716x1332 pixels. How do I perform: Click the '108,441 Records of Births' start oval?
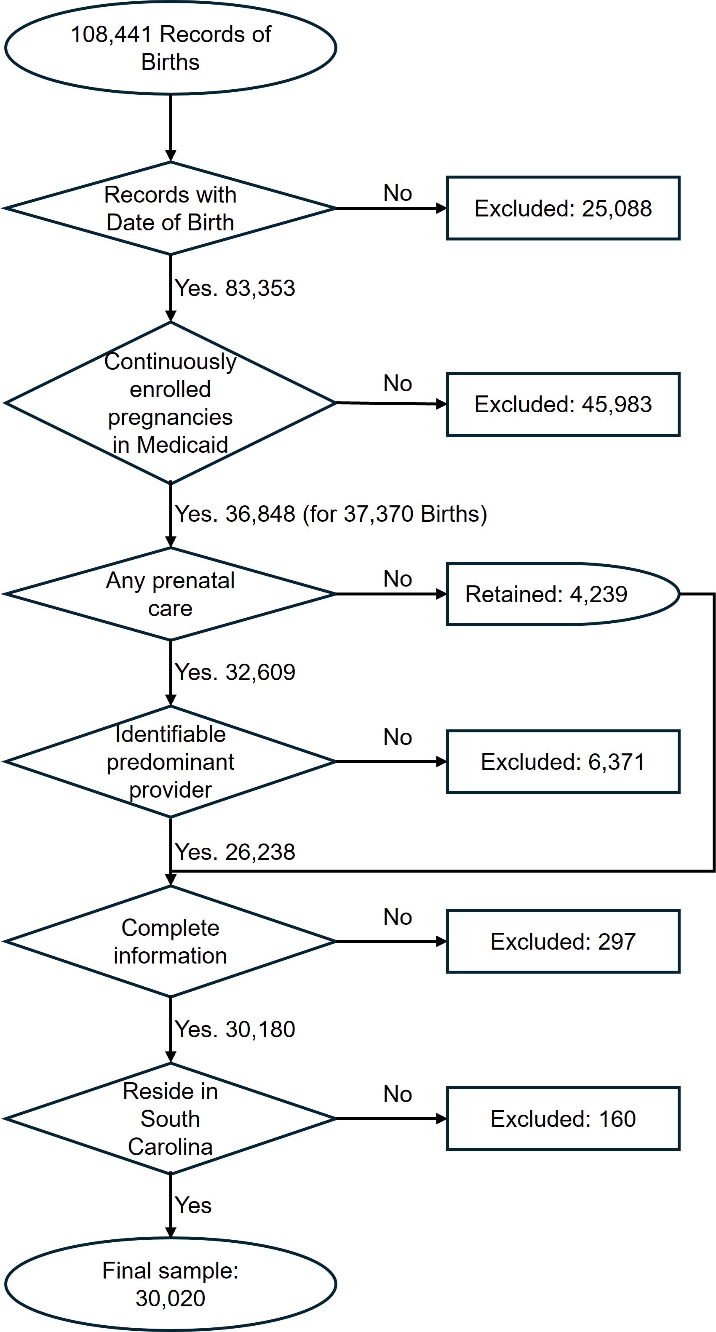[x=171, y=48]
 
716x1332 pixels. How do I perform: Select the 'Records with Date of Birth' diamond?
[x=171, y=208]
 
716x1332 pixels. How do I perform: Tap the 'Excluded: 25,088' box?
[x=563, y=208]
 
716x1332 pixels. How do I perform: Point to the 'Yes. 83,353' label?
[x=235, y=288]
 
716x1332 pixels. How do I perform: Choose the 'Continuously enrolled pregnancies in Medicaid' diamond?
[x=171, y=403]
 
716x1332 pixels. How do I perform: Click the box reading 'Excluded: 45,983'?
[x=563, y=404]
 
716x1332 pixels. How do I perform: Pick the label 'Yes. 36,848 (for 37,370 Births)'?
[x=331, y=514]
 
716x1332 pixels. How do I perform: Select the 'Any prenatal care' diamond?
[x=171, y=594]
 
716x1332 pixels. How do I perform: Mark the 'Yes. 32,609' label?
[x=235, y=672]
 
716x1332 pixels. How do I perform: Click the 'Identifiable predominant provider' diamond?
[x=171, y=762]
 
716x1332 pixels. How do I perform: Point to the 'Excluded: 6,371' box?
[x=563, y=762]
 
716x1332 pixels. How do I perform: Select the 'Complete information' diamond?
[x=171, y=942]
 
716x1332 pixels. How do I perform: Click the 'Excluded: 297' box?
[x=563, y=942]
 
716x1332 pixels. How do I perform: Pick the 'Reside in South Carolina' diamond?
[x=171, y=1119]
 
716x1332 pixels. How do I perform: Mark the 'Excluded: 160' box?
[x=563, y=1119]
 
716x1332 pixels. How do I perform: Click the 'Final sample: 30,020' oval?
[x=171, y=1284]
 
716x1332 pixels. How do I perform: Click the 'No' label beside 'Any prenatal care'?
[x=398, y=579]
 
